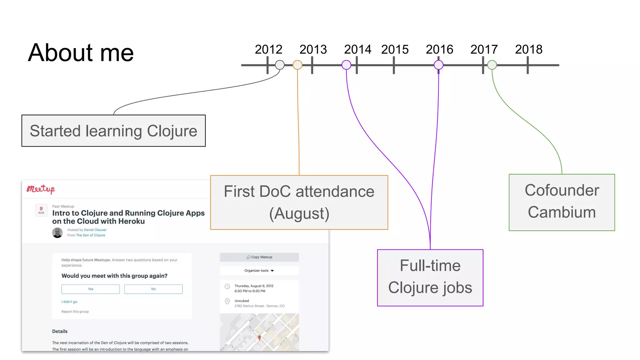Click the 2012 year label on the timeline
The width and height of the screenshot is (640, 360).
[x=268, y=49]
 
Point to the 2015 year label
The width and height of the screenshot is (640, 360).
[x=395, y=49]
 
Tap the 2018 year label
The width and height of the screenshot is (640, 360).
[x=529, y=49]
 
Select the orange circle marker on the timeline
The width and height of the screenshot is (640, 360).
[x=297, y=65]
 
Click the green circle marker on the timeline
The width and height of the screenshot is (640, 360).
[x=492, y=65]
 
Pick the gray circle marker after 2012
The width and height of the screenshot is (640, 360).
[x=280, y=65]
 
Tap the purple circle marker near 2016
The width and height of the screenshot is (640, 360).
[x=438, y=65]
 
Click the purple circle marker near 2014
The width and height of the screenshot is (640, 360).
[x=346, y=65]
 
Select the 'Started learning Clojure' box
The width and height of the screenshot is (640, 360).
[x=113, y=131]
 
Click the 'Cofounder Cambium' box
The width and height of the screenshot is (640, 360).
[x=562, y=202]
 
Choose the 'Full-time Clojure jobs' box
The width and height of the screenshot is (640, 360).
[x=430, y=277]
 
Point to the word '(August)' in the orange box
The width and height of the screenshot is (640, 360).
[x=299, y=214]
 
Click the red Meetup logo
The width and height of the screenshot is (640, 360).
[x=41, y=189]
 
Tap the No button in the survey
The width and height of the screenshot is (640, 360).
[x=153, y=289]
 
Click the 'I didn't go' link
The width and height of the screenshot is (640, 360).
[x=69, y=302]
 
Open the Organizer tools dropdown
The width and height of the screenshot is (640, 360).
[x=259, y=271]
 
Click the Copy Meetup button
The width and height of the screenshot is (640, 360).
[x=259, y=257]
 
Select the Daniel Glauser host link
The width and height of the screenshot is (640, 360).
[x=95, y=230]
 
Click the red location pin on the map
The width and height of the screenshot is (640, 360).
[x=259, y=337]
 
